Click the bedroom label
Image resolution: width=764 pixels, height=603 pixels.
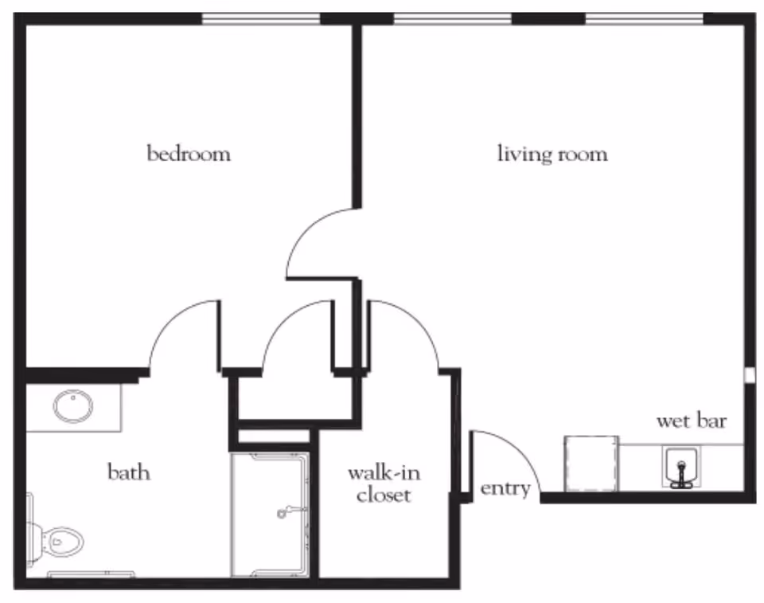point(189,153)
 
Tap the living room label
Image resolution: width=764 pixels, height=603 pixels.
point(552,153)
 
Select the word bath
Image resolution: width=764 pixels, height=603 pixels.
point(129,472)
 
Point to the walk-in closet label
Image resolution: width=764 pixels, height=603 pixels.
point(383,484)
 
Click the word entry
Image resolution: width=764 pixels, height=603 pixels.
point(505,488)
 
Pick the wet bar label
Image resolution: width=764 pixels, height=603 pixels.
point(691,421)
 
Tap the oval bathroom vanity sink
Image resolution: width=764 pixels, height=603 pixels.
point(73,405)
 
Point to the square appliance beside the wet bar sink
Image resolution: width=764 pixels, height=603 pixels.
point(591,463)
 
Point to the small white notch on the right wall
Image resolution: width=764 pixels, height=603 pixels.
point(750,374)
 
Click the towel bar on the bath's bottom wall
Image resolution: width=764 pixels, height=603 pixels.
point(91,573)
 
